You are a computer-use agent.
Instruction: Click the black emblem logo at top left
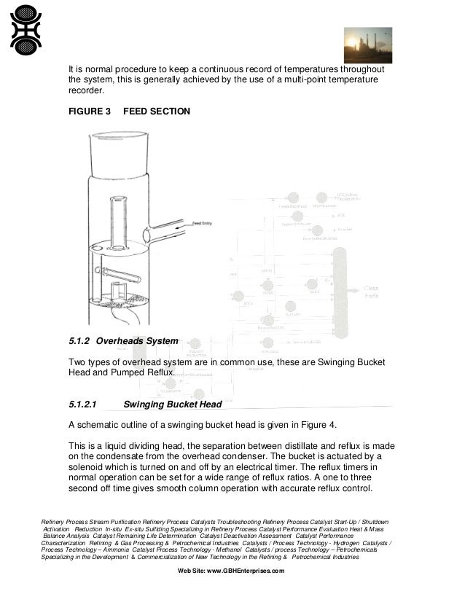(26, 30)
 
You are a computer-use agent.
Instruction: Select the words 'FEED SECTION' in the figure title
(157, 112)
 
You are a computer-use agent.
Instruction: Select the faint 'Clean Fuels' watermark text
(371, 292)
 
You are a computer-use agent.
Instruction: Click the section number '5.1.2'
(79, 340)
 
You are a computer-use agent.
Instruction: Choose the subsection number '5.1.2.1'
(87, 404)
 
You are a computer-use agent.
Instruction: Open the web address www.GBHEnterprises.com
(246, 571)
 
